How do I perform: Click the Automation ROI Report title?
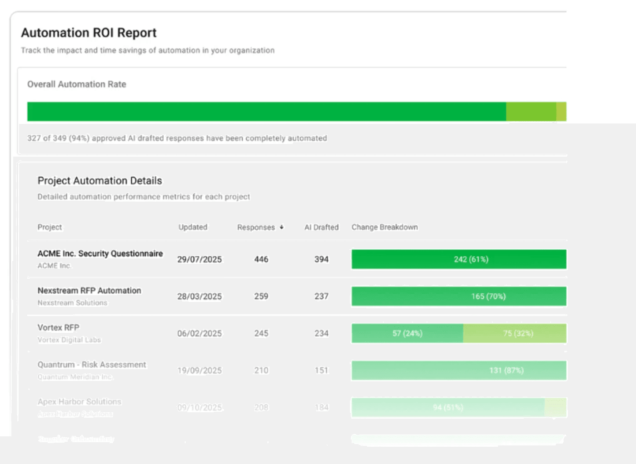point(89,33)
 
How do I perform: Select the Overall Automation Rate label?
point(76,84)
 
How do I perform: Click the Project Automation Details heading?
point(99,181)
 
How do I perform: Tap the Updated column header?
point(193,227)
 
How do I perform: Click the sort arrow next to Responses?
point(282,227)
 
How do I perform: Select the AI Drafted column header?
point(321,227)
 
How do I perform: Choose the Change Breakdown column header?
point(384,227)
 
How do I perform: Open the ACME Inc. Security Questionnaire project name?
point(100,253)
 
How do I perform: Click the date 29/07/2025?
point(199,259)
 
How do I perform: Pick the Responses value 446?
point(261,259)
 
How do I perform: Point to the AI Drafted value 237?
point(321,296)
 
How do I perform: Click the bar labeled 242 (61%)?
point(459,259)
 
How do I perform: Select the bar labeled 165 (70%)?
point(459,296)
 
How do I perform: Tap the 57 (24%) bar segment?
point(407,333)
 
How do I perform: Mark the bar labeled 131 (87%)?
point(459,370)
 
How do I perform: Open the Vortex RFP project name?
point(58,327)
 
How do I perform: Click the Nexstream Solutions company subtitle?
point(72,303)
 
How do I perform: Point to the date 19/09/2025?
point(199,370)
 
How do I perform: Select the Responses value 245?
point(261,333)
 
